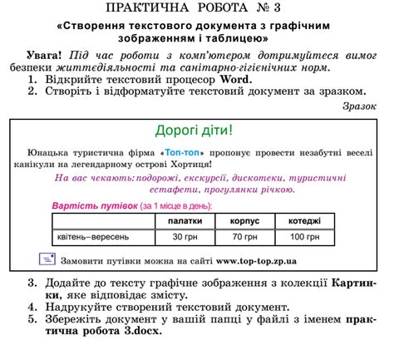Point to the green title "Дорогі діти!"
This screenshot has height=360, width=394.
194,131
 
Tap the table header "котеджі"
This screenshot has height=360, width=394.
304,220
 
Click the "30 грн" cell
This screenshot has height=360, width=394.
185,236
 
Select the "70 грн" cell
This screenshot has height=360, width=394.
244,236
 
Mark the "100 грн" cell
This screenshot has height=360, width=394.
304,236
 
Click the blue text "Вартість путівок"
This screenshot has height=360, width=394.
94,205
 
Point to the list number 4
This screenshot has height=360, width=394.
32,307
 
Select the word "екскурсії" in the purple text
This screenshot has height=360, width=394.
193,178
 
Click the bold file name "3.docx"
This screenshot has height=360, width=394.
136,330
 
